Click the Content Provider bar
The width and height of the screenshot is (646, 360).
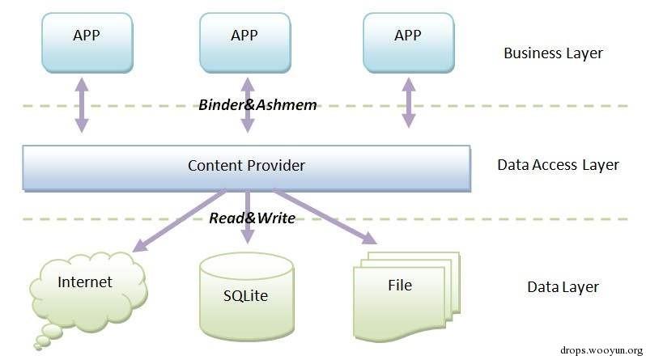[246, 166]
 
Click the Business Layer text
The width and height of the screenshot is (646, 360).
[553, 54]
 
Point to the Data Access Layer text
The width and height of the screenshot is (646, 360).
[558, 165]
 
